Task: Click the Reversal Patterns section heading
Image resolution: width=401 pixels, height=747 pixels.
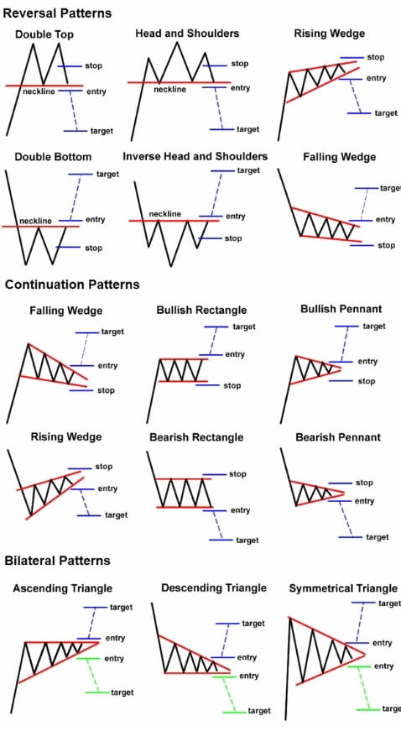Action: [x=57, y=13]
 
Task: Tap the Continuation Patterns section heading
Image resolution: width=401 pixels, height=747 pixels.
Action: [x=72, y=285]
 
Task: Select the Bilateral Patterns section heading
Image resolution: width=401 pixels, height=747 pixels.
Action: [x=57, y=561]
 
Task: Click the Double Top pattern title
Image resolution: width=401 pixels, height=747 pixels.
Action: [x=44, y=34]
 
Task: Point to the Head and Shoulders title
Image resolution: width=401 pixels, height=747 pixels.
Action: [x=187, y=34]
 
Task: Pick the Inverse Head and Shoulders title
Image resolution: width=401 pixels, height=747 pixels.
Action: [x=195, y=156]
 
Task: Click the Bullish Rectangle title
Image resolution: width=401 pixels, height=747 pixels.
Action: [x=201, y=311]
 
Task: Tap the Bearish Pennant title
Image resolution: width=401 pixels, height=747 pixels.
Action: [x=338, y=437]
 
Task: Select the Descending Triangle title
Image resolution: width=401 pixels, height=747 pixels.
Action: [x=213, y=588]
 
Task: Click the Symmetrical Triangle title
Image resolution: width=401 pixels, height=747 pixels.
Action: [x=343, y=588]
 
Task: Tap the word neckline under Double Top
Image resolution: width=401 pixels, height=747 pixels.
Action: [x=39, y=91]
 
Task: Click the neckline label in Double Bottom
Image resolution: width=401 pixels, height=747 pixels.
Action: [x=36, y=221]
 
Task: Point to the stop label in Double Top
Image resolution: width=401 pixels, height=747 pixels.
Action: [x=93, y=65]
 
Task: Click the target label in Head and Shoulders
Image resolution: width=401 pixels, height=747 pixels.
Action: [x=248, y=129]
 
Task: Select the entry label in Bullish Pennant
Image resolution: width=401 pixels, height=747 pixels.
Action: [x=367, y=362]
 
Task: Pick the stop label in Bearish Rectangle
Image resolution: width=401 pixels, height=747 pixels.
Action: [x=237, y=474]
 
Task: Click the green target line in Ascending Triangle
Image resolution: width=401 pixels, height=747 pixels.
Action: [x=97, y=692]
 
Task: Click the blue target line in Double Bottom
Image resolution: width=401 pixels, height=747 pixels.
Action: [x=81, y=175]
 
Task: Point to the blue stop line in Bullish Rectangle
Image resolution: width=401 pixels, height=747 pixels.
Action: [x=208, y=385]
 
